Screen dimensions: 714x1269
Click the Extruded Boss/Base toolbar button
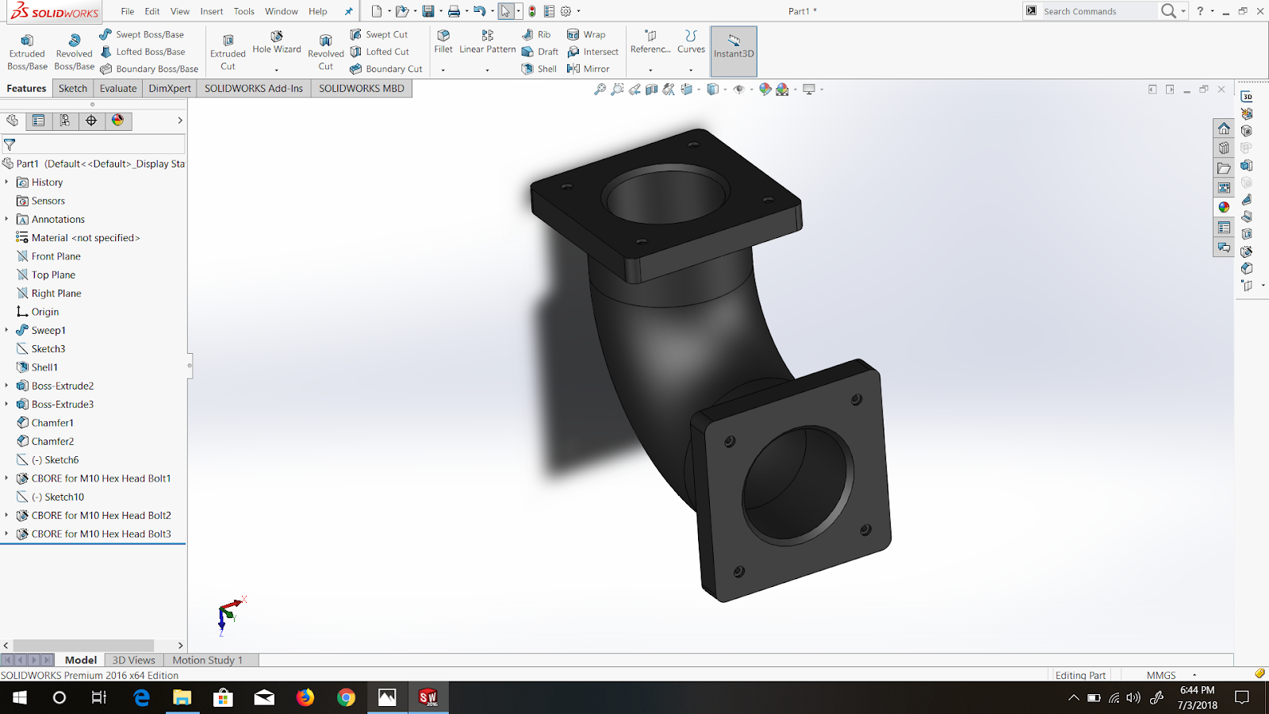[x=27, y=51]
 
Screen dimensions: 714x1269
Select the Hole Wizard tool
[x=277, y=44]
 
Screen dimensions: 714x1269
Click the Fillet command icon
[x=443, y=41]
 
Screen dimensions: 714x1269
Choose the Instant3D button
[x=734, y=47]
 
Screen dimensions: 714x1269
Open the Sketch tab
[x=73, y=88]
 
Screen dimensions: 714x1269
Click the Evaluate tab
[x=118, y=88]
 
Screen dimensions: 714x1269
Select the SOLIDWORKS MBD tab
[x=362, y=88]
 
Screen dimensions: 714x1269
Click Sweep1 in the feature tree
[x=48, y=330]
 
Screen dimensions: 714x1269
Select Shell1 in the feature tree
[x=44, y=367]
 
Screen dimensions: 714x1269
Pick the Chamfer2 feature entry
[x=52, y=441]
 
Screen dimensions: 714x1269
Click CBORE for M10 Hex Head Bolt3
[x=101, y=534]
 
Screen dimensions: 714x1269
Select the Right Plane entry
[x=56, y=294]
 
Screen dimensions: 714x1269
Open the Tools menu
[x=243, y=11]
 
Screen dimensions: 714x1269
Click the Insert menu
[x=212, y=11]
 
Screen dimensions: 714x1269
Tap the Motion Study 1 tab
[x=207, y=660]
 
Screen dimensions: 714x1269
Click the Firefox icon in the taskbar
[x=305, y=697]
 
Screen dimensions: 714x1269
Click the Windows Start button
[x=20, y=697]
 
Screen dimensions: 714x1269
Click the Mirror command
[x=588, y=69]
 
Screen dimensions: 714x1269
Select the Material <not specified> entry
[x=86, y=238]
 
